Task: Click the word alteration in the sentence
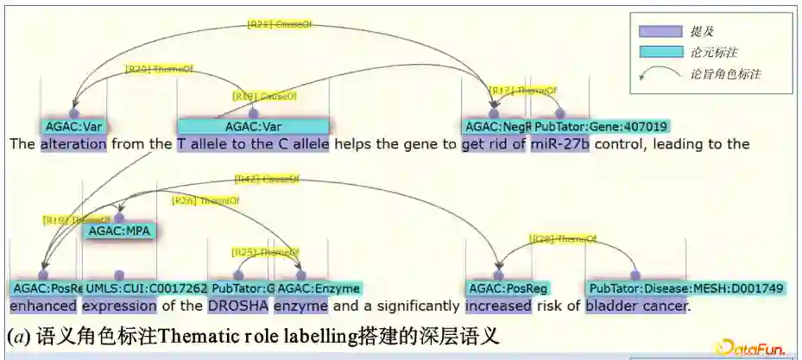pos(73,144)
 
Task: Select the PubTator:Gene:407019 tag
pos(601,127)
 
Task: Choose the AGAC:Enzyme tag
pos(319,287)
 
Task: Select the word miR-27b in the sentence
pos(560,144)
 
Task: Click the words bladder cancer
pos(637,305)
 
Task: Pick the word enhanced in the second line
pos(43,305)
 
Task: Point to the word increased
pos(497,305)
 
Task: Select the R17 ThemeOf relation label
pos(523,90)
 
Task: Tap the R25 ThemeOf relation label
pos(264,252)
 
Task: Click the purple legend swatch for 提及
pos(660,31)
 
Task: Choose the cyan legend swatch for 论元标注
pos(660,52)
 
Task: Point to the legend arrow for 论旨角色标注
pos(660,74)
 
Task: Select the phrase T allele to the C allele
pos(253,144)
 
